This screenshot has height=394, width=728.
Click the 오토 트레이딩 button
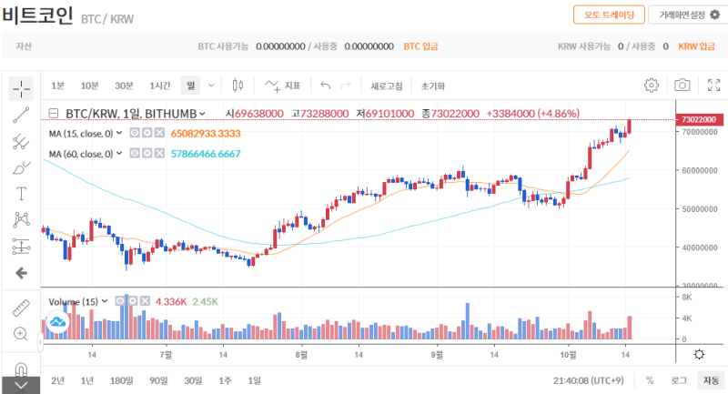pos(609,15)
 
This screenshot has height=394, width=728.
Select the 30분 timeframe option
pos(124,86)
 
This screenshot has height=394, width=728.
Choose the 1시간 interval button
pos(160,86)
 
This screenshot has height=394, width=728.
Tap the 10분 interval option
pos(89,86)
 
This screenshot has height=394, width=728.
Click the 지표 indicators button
pos(283,86)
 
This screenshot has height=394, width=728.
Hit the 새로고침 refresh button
pos(387,86)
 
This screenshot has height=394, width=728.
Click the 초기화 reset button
pos(433,86)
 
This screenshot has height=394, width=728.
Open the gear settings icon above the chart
pos(652,86)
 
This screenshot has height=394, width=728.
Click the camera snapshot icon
pos(682,86)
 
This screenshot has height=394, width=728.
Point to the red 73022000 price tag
pos(700,119)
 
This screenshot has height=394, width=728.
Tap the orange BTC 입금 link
pos(420,45)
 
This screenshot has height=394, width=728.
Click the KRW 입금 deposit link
pos(695,45)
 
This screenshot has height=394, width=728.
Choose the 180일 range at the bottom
pos(121,380)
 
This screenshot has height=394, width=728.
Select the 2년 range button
pos(58,380)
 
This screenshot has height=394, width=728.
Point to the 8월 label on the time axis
pos(301,354)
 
